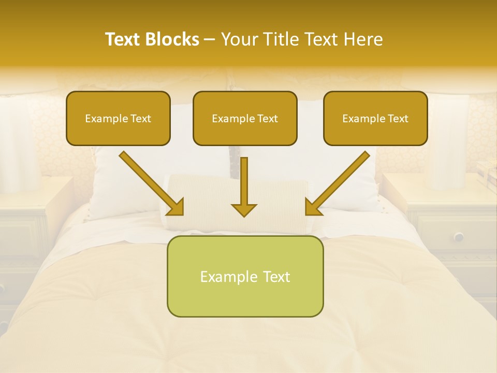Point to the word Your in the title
239,39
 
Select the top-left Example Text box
118,119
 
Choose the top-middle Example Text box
245,119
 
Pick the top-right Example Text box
375,119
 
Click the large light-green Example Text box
245,276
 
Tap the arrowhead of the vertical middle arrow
244,209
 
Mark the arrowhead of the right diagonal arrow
313,206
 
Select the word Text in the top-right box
398,119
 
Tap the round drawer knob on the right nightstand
459,237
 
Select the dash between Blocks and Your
210,39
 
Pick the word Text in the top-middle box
268,119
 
